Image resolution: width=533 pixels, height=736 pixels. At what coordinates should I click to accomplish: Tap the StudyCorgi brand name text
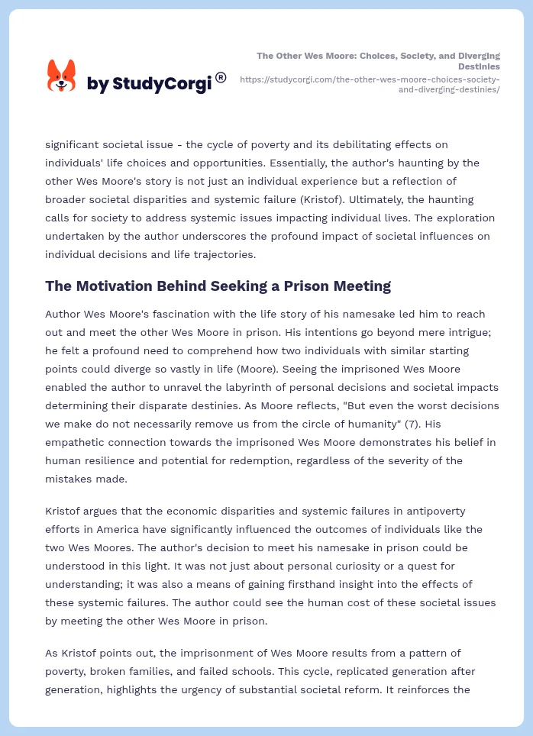point(149,84)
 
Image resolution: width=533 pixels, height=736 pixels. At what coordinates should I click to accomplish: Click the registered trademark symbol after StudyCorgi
point(221,77)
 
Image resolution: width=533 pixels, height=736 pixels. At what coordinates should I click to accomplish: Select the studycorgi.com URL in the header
point(370,84)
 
